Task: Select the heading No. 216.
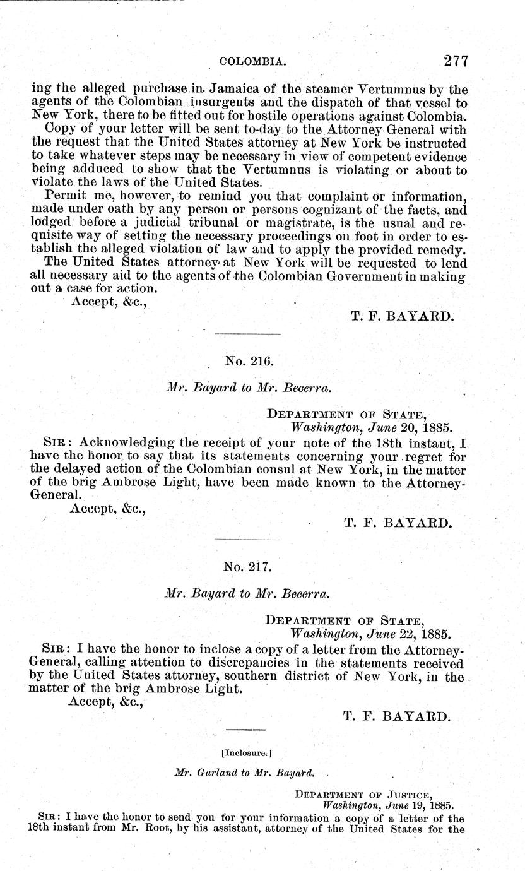point(248,361)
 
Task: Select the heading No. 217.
point(247,566)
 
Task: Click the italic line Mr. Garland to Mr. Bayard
point(243,772)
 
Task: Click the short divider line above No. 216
point(247,334)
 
